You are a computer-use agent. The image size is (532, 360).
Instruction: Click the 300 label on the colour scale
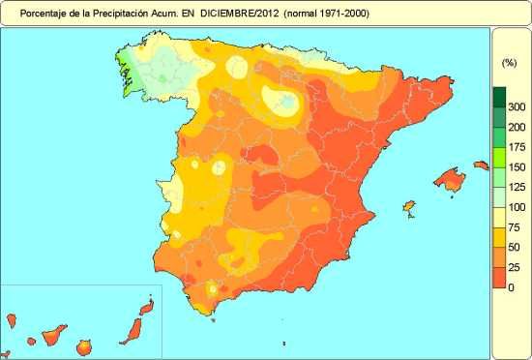[x=516, y=105]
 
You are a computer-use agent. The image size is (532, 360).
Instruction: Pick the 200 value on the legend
[x=516, y=126]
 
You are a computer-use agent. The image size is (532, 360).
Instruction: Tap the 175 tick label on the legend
[x=516, y=147]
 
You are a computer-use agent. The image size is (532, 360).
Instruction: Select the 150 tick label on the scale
[x=516, y=166]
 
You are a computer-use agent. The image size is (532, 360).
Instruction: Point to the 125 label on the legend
[x=516, y=187]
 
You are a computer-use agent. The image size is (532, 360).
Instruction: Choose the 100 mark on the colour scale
[x=516, y=207]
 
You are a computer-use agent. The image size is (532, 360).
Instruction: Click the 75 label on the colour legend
[x=516, y=227]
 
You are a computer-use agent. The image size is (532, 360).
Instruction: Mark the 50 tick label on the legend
[x=516, y=248]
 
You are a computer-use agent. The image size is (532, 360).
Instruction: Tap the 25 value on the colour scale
[x=516, y=268]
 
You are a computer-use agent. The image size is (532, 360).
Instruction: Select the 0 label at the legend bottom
[x=516, y=288]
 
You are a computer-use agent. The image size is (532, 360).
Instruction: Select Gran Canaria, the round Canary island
[x=84, y=345]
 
